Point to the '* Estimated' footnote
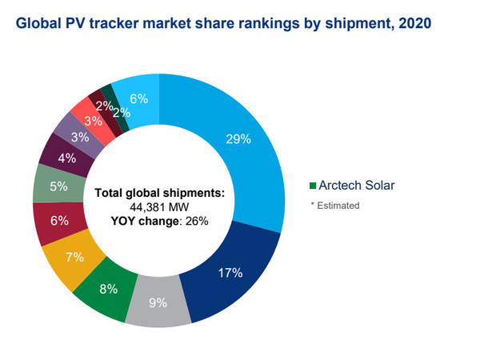335,206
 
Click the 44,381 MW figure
158,206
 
